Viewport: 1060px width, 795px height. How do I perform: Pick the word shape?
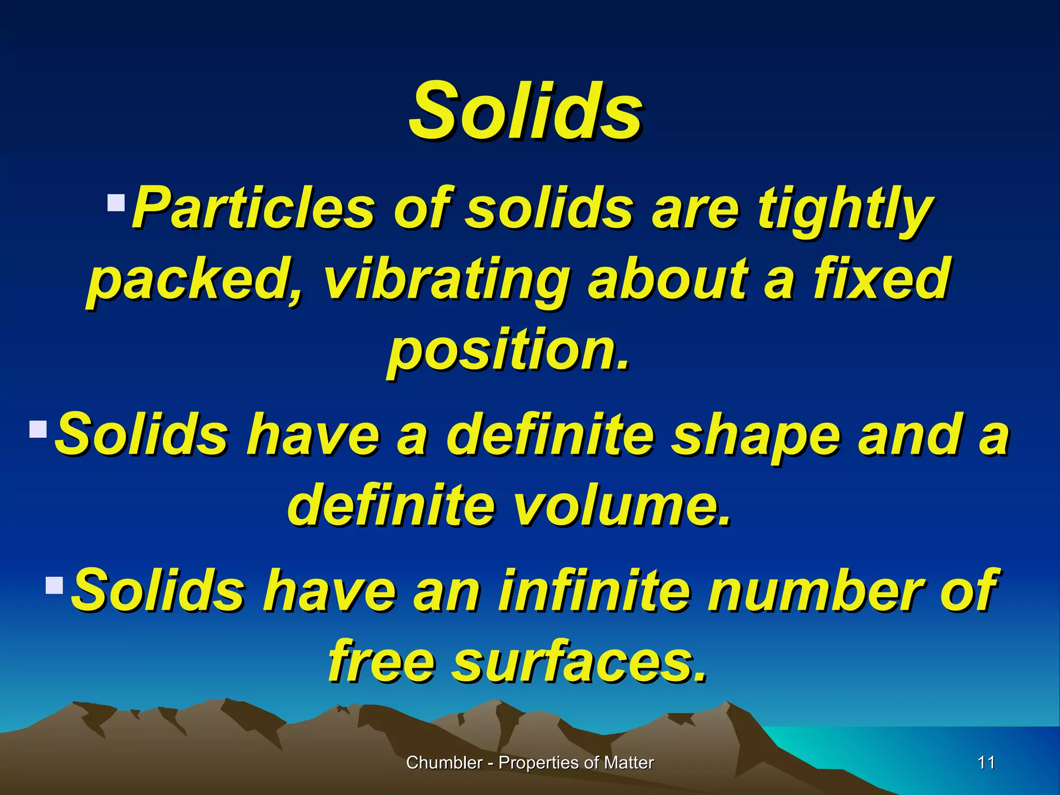coord(755,435)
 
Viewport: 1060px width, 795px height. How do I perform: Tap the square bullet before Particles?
coord(116,202)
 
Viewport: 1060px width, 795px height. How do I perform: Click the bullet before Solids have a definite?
coord(38,429)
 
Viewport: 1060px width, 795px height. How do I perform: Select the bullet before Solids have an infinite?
coord(54,585)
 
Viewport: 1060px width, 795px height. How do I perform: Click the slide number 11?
coord(986,762)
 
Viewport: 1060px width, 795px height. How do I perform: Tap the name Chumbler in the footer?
coord(444,762)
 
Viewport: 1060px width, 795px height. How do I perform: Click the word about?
coord(668,279)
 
